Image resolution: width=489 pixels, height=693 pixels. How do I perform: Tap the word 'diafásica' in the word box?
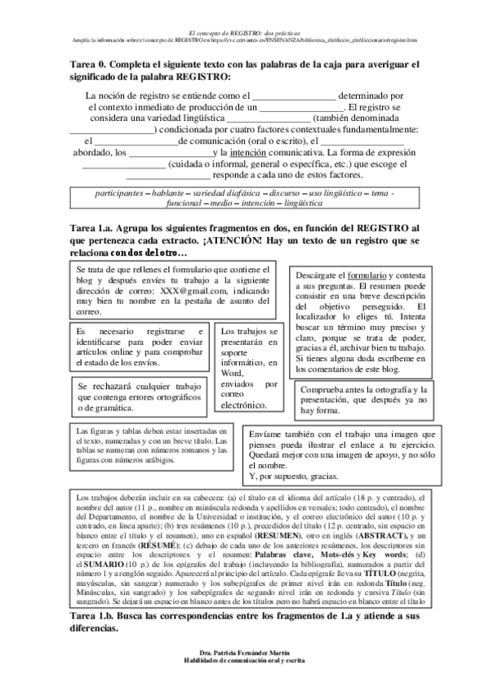(x=241, y=192)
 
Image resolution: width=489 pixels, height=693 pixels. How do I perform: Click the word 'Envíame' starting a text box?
(x=265, y=436)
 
